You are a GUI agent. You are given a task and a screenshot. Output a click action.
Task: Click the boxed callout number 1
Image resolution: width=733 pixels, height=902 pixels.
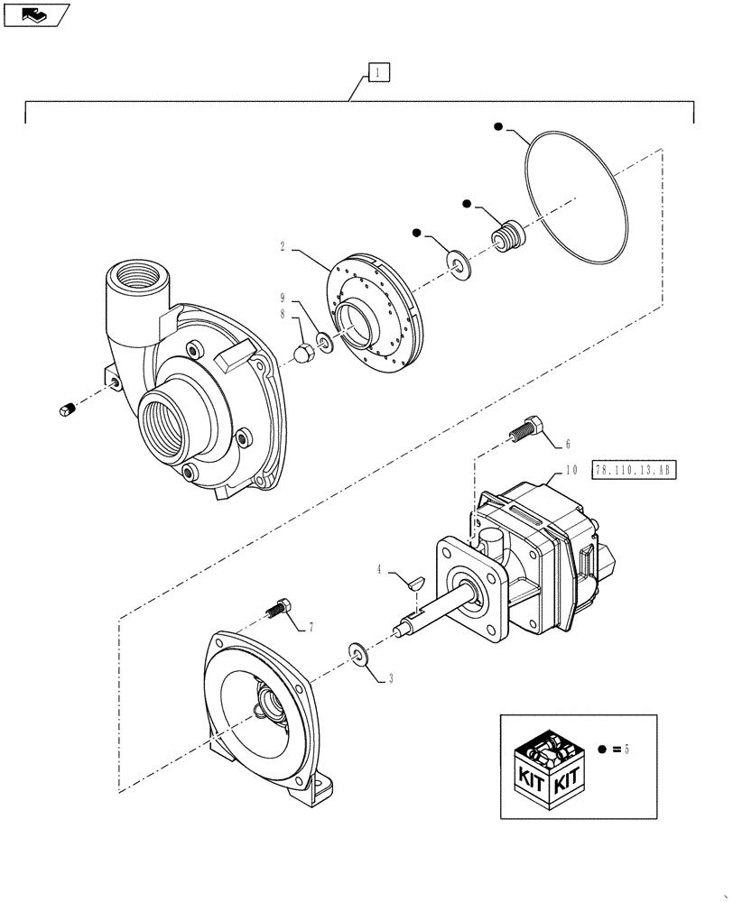coord(378,72)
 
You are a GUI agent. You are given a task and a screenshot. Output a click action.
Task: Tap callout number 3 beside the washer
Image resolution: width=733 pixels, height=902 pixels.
coord(391,679)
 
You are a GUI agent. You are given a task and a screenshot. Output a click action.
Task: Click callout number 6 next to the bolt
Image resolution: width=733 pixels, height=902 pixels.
coord(567,444)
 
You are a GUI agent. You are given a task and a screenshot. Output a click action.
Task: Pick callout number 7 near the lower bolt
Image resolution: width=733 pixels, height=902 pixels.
coord(312,625)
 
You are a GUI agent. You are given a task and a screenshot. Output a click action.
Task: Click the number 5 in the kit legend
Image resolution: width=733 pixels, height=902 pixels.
coord(626,749)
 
